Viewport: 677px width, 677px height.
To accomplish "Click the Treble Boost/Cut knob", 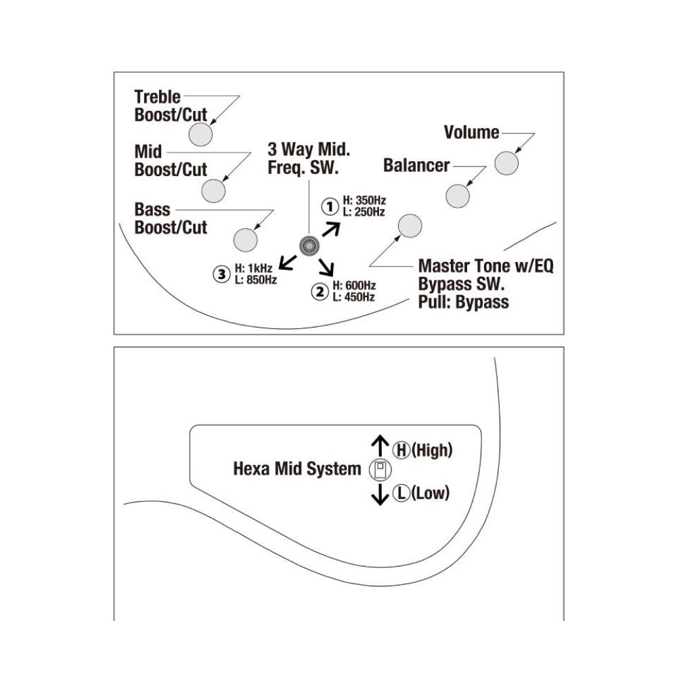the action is pos(201,134).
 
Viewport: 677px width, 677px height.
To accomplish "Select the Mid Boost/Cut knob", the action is pos(213,191).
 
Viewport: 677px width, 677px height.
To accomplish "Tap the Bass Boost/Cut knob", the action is pos(245,240).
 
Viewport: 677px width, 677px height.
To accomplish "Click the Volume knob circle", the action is pos(506,163).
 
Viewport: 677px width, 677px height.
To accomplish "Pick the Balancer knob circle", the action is pos(458,196).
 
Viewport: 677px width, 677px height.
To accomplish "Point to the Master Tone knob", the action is pos(410,226).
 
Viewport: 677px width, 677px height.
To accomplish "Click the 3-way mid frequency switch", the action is pos(309,246).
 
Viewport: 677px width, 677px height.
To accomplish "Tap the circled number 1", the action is pos(330,206).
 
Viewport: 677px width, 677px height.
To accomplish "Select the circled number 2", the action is pos(320,291).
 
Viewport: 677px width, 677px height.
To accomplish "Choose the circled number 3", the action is pos(222,274).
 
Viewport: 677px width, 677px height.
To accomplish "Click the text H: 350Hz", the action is pos(364,200).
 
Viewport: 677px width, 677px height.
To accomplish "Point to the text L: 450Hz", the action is pos(353,297).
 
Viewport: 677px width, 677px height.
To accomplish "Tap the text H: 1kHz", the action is pos(253,268).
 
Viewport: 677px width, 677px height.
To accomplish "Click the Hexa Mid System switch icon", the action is pos(380,471).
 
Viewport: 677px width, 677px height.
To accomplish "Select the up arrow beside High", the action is pos(380,445).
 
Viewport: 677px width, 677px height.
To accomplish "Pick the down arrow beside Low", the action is pos(380,494).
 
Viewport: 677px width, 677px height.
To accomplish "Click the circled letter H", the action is pos(401,450).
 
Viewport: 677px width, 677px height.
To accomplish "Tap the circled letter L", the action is pos(401,493).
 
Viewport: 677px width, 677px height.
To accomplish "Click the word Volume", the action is pos(471,132).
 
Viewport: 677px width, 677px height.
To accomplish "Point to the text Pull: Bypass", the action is pos(464,302).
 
